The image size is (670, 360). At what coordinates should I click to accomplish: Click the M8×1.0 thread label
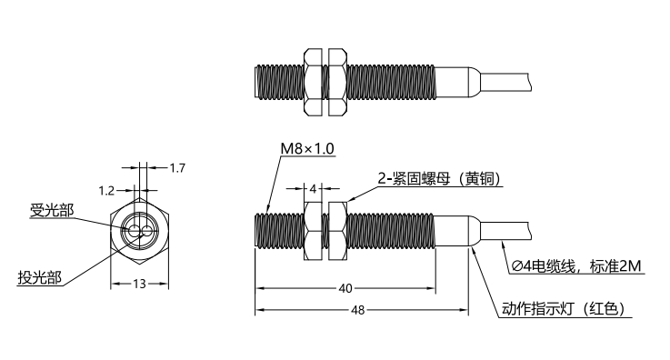pyautogui.click(x=307, y=148)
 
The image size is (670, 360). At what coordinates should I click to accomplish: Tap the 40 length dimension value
pyautogui.click(x=345, y=289)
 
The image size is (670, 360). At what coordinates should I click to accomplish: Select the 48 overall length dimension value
pyautogui.click(x=357, y=310)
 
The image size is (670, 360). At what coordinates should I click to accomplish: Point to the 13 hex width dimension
pyautogui.click(x=139, y=284)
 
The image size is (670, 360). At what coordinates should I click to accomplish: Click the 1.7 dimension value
pyautogui.click(x=177, y=168)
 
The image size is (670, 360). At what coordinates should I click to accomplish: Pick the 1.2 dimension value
pyautogui.click(x=106, y=191)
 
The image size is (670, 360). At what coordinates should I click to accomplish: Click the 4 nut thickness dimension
pyautogui.click(x=313, y=188)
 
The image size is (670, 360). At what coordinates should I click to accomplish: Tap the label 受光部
pyautogui.click(x=52, y=210)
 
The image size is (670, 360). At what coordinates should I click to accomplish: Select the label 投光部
pyautogui.click(x=40, y=277)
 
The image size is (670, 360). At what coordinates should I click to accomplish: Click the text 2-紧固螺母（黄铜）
pyautogui.click(x=439, y=178)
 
